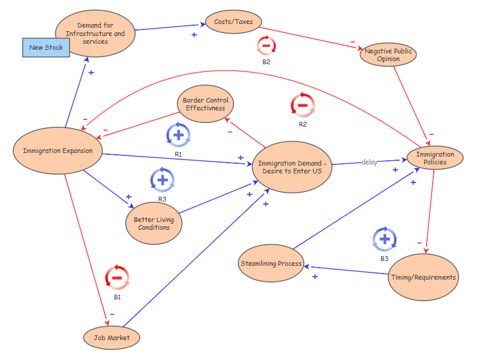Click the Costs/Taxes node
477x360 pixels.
[x=233, y=22]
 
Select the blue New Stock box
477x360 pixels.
[x=46, y=47]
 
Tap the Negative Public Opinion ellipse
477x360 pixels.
[x=388, y=55]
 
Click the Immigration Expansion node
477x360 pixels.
[x=58, y=151]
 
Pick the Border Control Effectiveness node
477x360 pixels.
[x=205, y=104]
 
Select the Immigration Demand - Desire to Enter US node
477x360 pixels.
[x=292, y=167]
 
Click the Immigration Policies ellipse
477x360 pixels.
[x=435, y=158]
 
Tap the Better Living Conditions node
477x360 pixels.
[x=154, y=224]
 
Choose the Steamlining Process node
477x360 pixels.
[x=271, y=263]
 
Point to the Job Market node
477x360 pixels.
[x=112, y=338]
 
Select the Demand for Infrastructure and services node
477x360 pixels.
[x=95, y=34]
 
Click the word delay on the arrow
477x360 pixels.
[x=369, y=162]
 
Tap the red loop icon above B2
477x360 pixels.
[x=266, y=46]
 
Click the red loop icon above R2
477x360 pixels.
[x=302, y=105]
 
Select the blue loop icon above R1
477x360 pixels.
[x=178, y=135]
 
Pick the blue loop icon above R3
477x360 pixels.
[x=162, y=179]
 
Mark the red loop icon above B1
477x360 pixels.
[x=117, y=278]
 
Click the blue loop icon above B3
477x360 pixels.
[x=385, y=239]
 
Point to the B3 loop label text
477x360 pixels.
[x=385, y=259]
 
